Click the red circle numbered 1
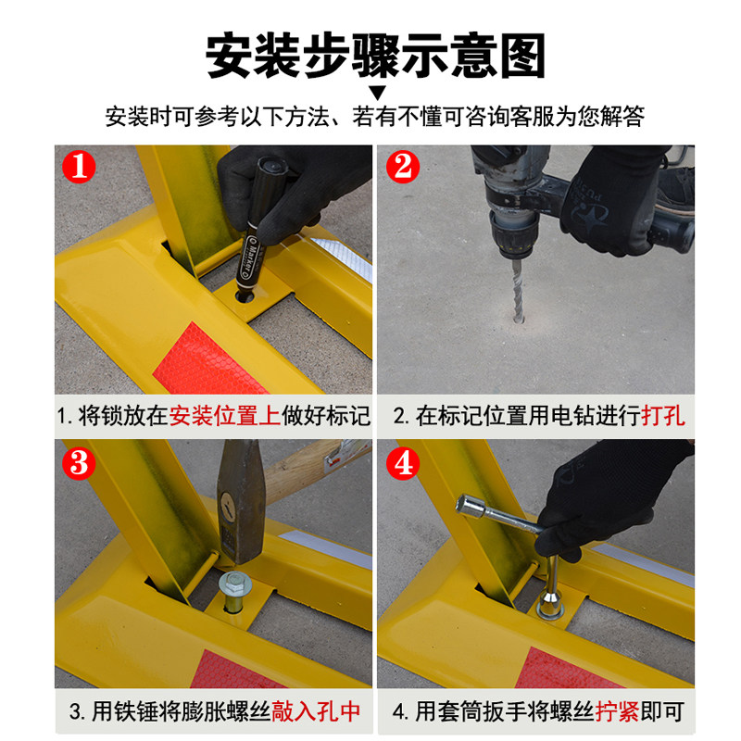click(x=79, y=167)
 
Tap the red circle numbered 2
click(x=403, y=167)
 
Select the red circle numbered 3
click(x=79, y=463)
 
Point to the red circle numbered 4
click(x=403, y=463)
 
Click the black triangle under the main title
click(x=378, y=92)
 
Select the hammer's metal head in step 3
click(x=241, y=501)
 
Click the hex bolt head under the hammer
click(x=235, y=583)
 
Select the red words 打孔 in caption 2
click(x=663, y=416)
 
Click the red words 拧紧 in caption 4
click(x=617, y=711)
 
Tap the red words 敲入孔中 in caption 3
click(x=316, y=711)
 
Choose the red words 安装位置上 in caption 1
click(x=225, y=416)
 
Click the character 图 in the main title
click(x=522, y=56)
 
